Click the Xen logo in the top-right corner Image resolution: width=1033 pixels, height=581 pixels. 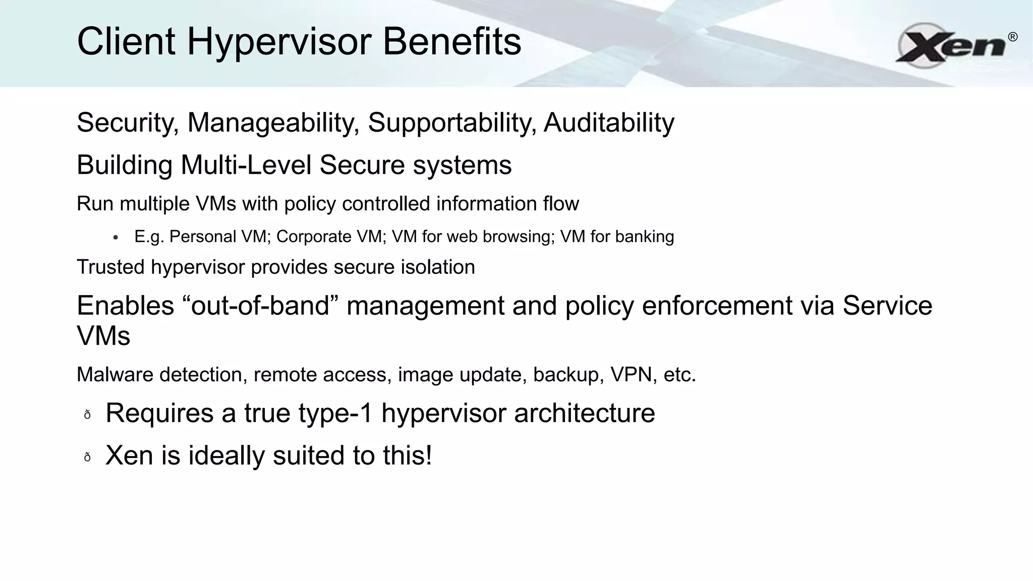[x=951, y=45]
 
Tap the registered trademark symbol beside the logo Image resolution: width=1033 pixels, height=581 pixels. [x=1012, y=37]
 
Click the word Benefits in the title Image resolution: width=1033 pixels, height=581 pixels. [x=451, y=41]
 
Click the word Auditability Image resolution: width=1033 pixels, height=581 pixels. [x=609, y=123]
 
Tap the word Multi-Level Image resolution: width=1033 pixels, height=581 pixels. [x=246, y=165]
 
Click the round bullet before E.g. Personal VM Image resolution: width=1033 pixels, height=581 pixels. [x=116, y=238]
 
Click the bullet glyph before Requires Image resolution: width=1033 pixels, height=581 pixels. [x=87, y=415]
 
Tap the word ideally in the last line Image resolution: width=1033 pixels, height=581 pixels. [x=226, y=456]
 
